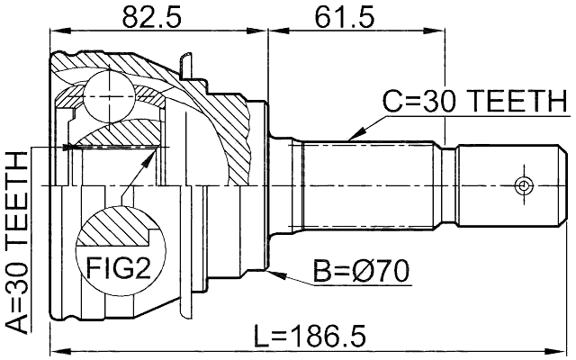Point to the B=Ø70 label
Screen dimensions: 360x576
[361, 269]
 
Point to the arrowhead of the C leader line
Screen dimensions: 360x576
[348, 139]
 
